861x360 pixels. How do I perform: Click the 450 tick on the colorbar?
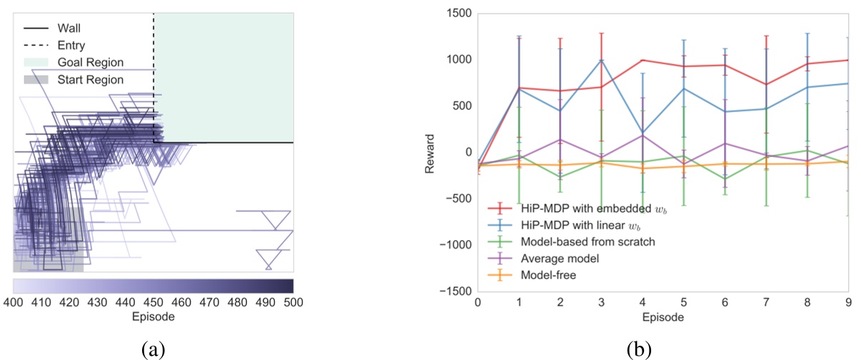tap(153, 302)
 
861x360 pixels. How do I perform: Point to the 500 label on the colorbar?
tap(293, 302)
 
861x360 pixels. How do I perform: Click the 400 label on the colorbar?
tap(14, 302)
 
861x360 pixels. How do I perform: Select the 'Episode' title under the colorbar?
tap(153, 316)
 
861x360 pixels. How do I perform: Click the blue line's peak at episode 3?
tap(601, 60)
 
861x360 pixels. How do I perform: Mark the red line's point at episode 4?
tap(643, 60)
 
